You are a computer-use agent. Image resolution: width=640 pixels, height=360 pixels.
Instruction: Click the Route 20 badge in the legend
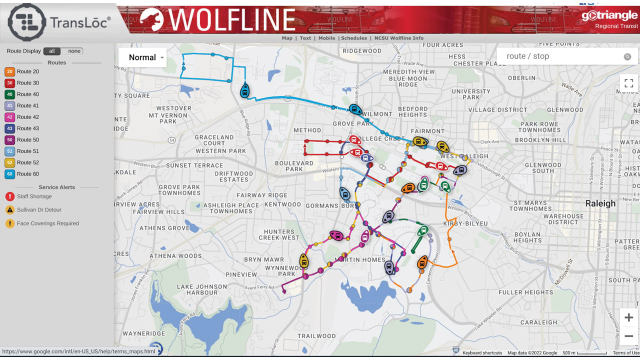[x=10, y=71]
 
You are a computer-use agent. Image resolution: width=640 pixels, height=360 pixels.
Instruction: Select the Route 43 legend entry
[x=27, y=128]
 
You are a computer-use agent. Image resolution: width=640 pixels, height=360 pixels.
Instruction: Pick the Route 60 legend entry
[x=27, y=174]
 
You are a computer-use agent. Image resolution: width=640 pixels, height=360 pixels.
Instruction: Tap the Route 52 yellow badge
[x=10, y=162]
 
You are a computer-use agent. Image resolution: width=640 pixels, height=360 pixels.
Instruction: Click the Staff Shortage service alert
[x=34, y=196]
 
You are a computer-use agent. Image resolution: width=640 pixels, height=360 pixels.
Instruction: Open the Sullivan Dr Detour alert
[x=39, y=210]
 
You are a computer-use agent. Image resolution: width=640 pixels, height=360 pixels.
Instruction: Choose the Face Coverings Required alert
[x=47, y=223]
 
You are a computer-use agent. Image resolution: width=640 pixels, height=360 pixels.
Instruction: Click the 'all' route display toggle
[x=51, y=51]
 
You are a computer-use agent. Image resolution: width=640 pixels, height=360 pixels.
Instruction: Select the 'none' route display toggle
[x=74, y=51]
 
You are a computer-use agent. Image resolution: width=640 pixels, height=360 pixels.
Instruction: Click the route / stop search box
[x=562, y=56]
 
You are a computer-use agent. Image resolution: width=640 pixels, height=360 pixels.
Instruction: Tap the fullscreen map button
[x=628, y=83]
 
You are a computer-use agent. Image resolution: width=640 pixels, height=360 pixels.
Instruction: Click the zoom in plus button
[x=628, y=318]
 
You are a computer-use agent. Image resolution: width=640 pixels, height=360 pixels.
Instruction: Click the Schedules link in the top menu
[x=354, y=38]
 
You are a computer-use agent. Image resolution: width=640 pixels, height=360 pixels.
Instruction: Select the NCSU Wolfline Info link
[x=398, y=38]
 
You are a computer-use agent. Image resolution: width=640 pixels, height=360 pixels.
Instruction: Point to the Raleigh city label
[x=600, y=203]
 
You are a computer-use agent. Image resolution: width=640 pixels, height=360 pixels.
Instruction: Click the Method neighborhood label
[x=307, y=130]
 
